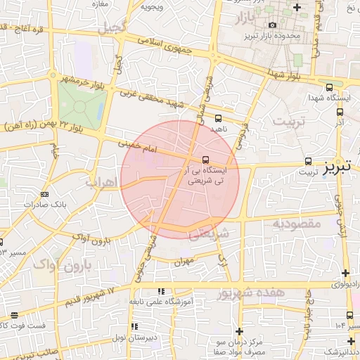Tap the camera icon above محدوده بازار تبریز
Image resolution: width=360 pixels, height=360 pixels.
pos(273,25)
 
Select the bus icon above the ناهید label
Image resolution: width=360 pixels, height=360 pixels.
pos(218,118)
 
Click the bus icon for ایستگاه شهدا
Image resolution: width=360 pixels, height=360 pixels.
pos(330,87)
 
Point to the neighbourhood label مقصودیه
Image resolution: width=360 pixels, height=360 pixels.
pos(296,223)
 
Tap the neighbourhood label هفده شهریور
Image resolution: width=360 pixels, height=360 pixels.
pos(250,292)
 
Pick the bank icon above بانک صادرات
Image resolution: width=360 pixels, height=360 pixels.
pos(45,194)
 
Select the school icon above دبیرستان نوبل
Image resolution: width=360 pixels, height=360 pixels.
pos(134,326)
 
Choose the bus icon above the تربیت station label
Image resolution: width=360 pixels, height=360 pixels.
pos(308,160)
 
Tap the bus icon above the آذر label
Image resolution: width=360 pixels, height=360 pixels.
pos(340,111)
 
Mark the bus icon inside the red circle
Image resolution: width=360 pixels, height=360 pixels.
pos(205,160)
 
